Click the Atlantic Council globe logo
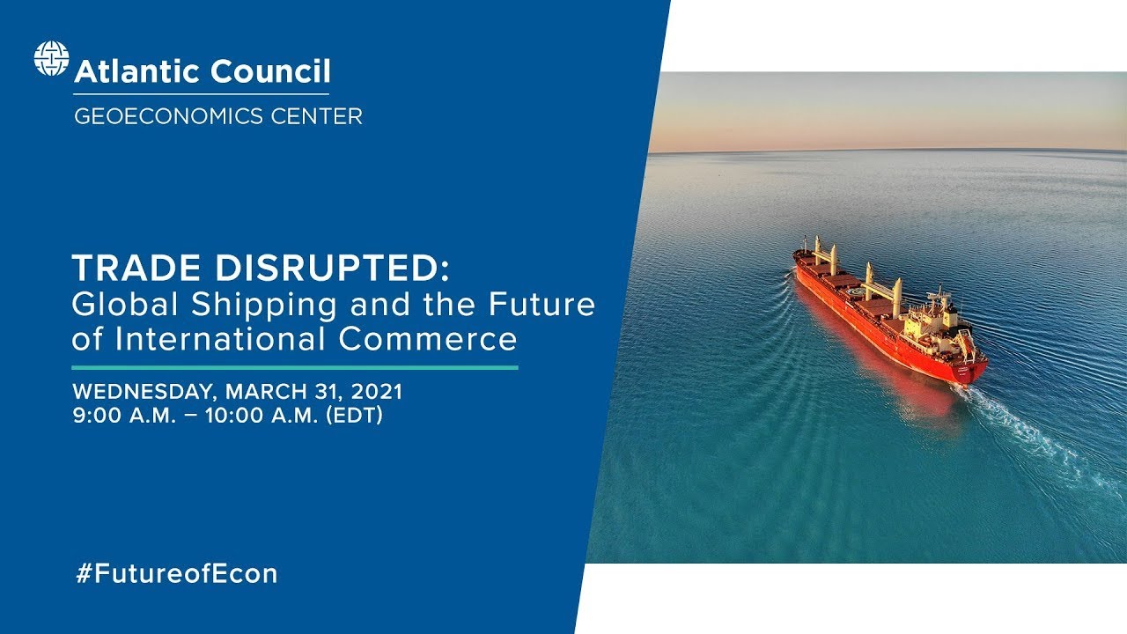(x=51, y=59)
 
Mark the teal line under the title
(x=295, y=366)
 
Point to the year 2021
(x=377, y=390)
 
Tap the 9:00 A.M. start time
(x=122, y=416)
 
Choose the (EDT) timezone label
(x=354, y=416)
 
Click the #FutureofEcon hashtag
(x=176, y=574)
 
